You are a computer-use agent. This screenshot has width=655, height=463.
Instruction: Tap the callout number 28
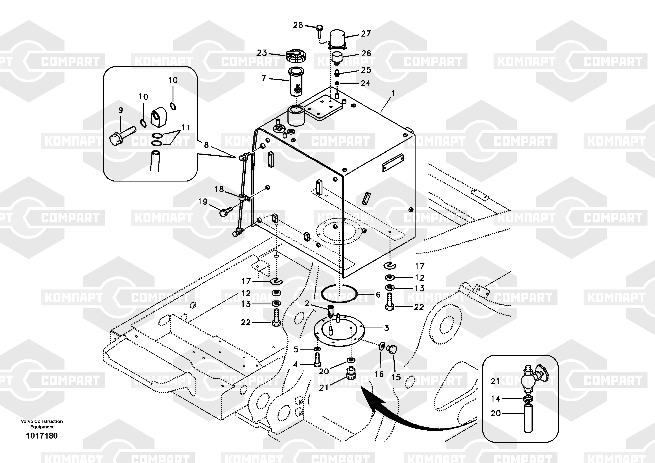[298, 25]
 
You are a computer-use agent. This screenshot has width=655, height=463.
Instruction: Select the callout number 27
[366, 34]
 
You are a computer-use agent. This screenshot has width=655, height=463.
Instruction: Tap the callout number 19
[203, 202]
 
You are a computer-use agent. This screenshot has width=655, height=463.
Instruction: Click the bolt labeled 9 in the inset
[122, 135]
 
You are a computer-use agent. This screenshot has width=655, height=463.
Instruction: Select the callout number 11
[186, 127]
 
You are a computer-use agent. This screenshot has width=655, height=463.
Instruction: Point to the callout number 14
[495, 398]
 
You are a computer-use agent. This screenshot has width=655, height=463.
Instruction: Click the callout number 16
[379, 374]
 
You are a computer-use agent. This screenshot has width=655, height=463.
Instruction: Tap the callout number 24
[365, 83]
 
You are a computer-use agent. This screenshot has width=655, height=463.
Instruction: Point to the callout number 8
[206, 145]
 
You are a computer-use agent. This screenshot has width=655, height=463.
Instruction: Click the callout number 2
[307, 304]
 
